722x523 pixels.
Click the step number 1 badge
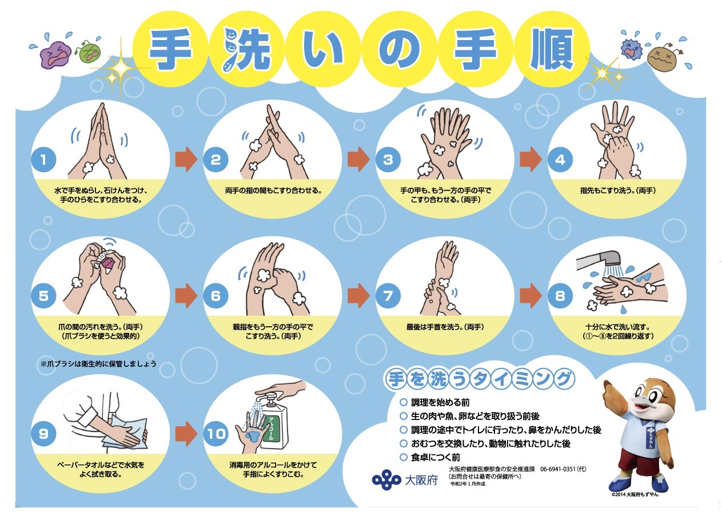pos(43,160)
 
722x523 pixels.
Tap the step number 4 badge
pos(560,160)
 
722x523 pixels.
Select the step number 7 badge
pos(388,296)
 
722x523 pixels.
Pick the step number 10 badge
pos(216,434)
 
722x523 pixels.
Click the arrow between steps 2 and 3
pos(358,160)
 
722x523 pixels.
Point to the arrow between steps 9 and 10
pos(186,434)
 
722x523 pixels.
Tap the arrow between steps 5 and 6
pos(186,296)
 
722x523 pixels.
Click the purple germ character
pos(55,54)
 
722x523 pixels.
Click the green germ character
pos(89,51)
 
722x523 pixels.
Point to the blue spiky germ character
pos(631,49)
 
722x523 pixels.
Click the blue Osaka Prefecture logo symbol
pos(386,480)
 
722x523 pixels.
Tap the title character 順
pos(552,49)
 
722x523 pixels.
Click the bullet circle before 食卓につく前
pos(404,457)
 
